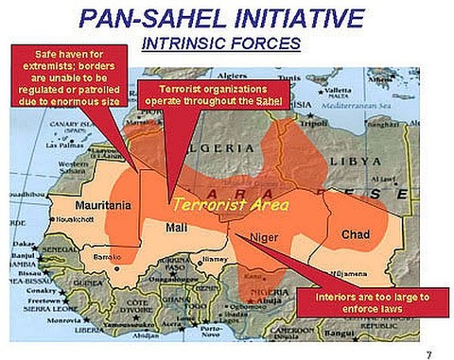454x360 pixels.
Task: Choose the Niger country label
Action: tap(264, 238)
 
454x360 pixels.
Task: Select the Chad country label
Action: tap(356, 233)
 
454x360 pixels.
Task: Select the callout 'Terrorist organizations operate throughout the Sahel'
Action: tap(201, 95)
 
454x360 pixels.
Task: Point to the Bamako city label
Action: tap(108, 256)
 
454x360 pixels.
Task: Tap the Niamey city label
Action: tap(216, 257)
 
